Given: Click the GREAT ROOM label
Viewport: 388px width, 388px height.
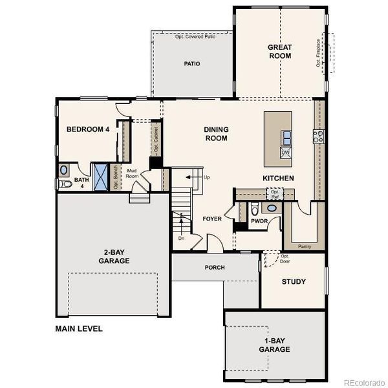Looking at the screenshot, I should point(280,51).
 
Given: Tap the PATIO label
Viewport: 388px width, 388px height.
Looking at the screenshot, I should point(191,64).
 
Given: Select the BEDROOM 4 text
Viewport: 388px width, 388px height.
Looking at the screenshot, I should point(88,129).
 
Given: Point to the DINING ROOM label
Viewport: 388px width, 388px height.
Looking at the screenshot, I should point(216,134).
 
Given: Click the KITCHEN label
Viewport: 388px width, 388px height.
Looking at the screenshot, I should point(279,178).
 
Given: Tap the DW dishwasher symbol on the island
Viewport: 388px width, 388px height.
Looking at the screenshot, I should point(285,153).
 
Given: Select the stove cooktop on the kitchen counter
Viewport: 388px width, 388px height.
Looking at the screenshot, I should point(318,136).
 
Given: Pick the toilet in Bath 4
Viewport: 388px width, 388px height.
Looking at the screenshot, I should point(64,184).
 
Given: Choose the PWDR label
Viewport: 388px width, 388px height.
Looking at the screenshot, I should point(259,221).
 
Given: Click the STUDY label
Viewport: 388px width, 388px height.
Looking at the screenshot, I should point(294,282).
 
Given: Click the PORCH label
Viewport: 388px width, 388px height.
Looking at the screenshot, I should point(214,267).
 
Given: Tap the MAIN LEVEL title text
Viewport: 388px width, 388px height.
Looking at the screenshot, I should point(79,329).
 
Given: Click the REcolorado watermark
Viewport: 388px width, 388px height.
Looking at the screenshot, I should point(363,381).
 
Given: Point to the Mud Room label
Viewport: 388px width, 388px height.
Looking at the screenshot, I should point(132,173).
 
